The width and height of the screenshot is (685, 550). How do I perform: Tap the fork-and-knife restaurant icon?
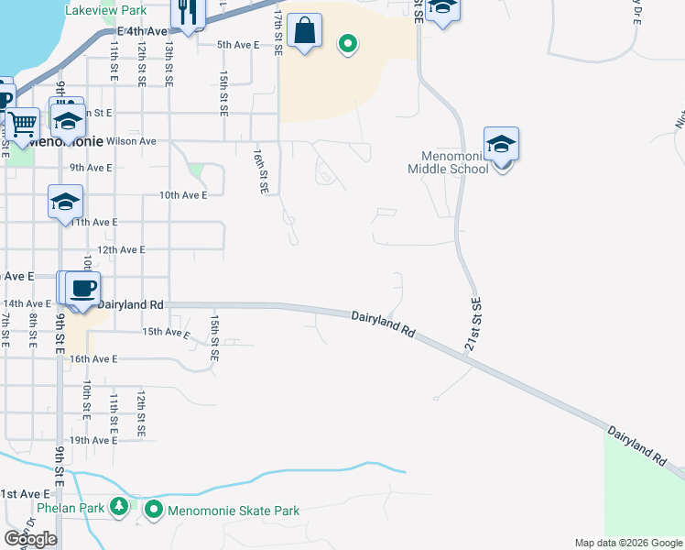tap(188, 13)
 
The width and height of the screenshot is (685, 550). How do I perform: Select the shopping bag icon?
tap(304, 31)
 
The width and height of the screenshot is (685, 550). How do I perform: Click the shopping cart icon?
tap(23, 122)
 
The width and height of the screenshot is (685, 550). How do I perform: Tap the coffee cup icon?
tap(82, 288)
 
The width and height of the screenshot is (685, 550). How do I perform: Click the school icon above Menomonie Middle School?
tap(501, 144)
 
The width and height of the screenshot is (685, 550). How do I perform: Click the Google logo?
tap(30, 539)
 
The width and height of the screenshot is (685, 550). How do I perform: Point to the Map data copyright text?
tap(627, 543)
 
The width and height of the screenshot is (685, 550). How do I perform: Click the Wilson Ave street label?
tap(132, 141)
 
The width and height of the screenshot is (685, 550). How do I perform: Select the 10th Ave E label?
tap(183, 195)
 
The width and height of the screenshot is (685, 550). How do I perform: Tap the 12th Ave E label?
tap(121, 249)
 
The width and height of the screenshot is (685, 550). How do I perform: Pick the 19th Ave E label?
tap(92, 440)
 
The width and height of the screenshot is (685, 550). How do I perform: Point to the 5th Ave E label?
tap(239, 44)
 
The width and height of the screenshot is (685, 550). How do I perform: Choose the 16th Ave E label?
tap(93, 359)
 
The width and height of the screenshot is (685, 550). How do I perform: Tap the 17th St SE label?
tap(278, 33)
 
